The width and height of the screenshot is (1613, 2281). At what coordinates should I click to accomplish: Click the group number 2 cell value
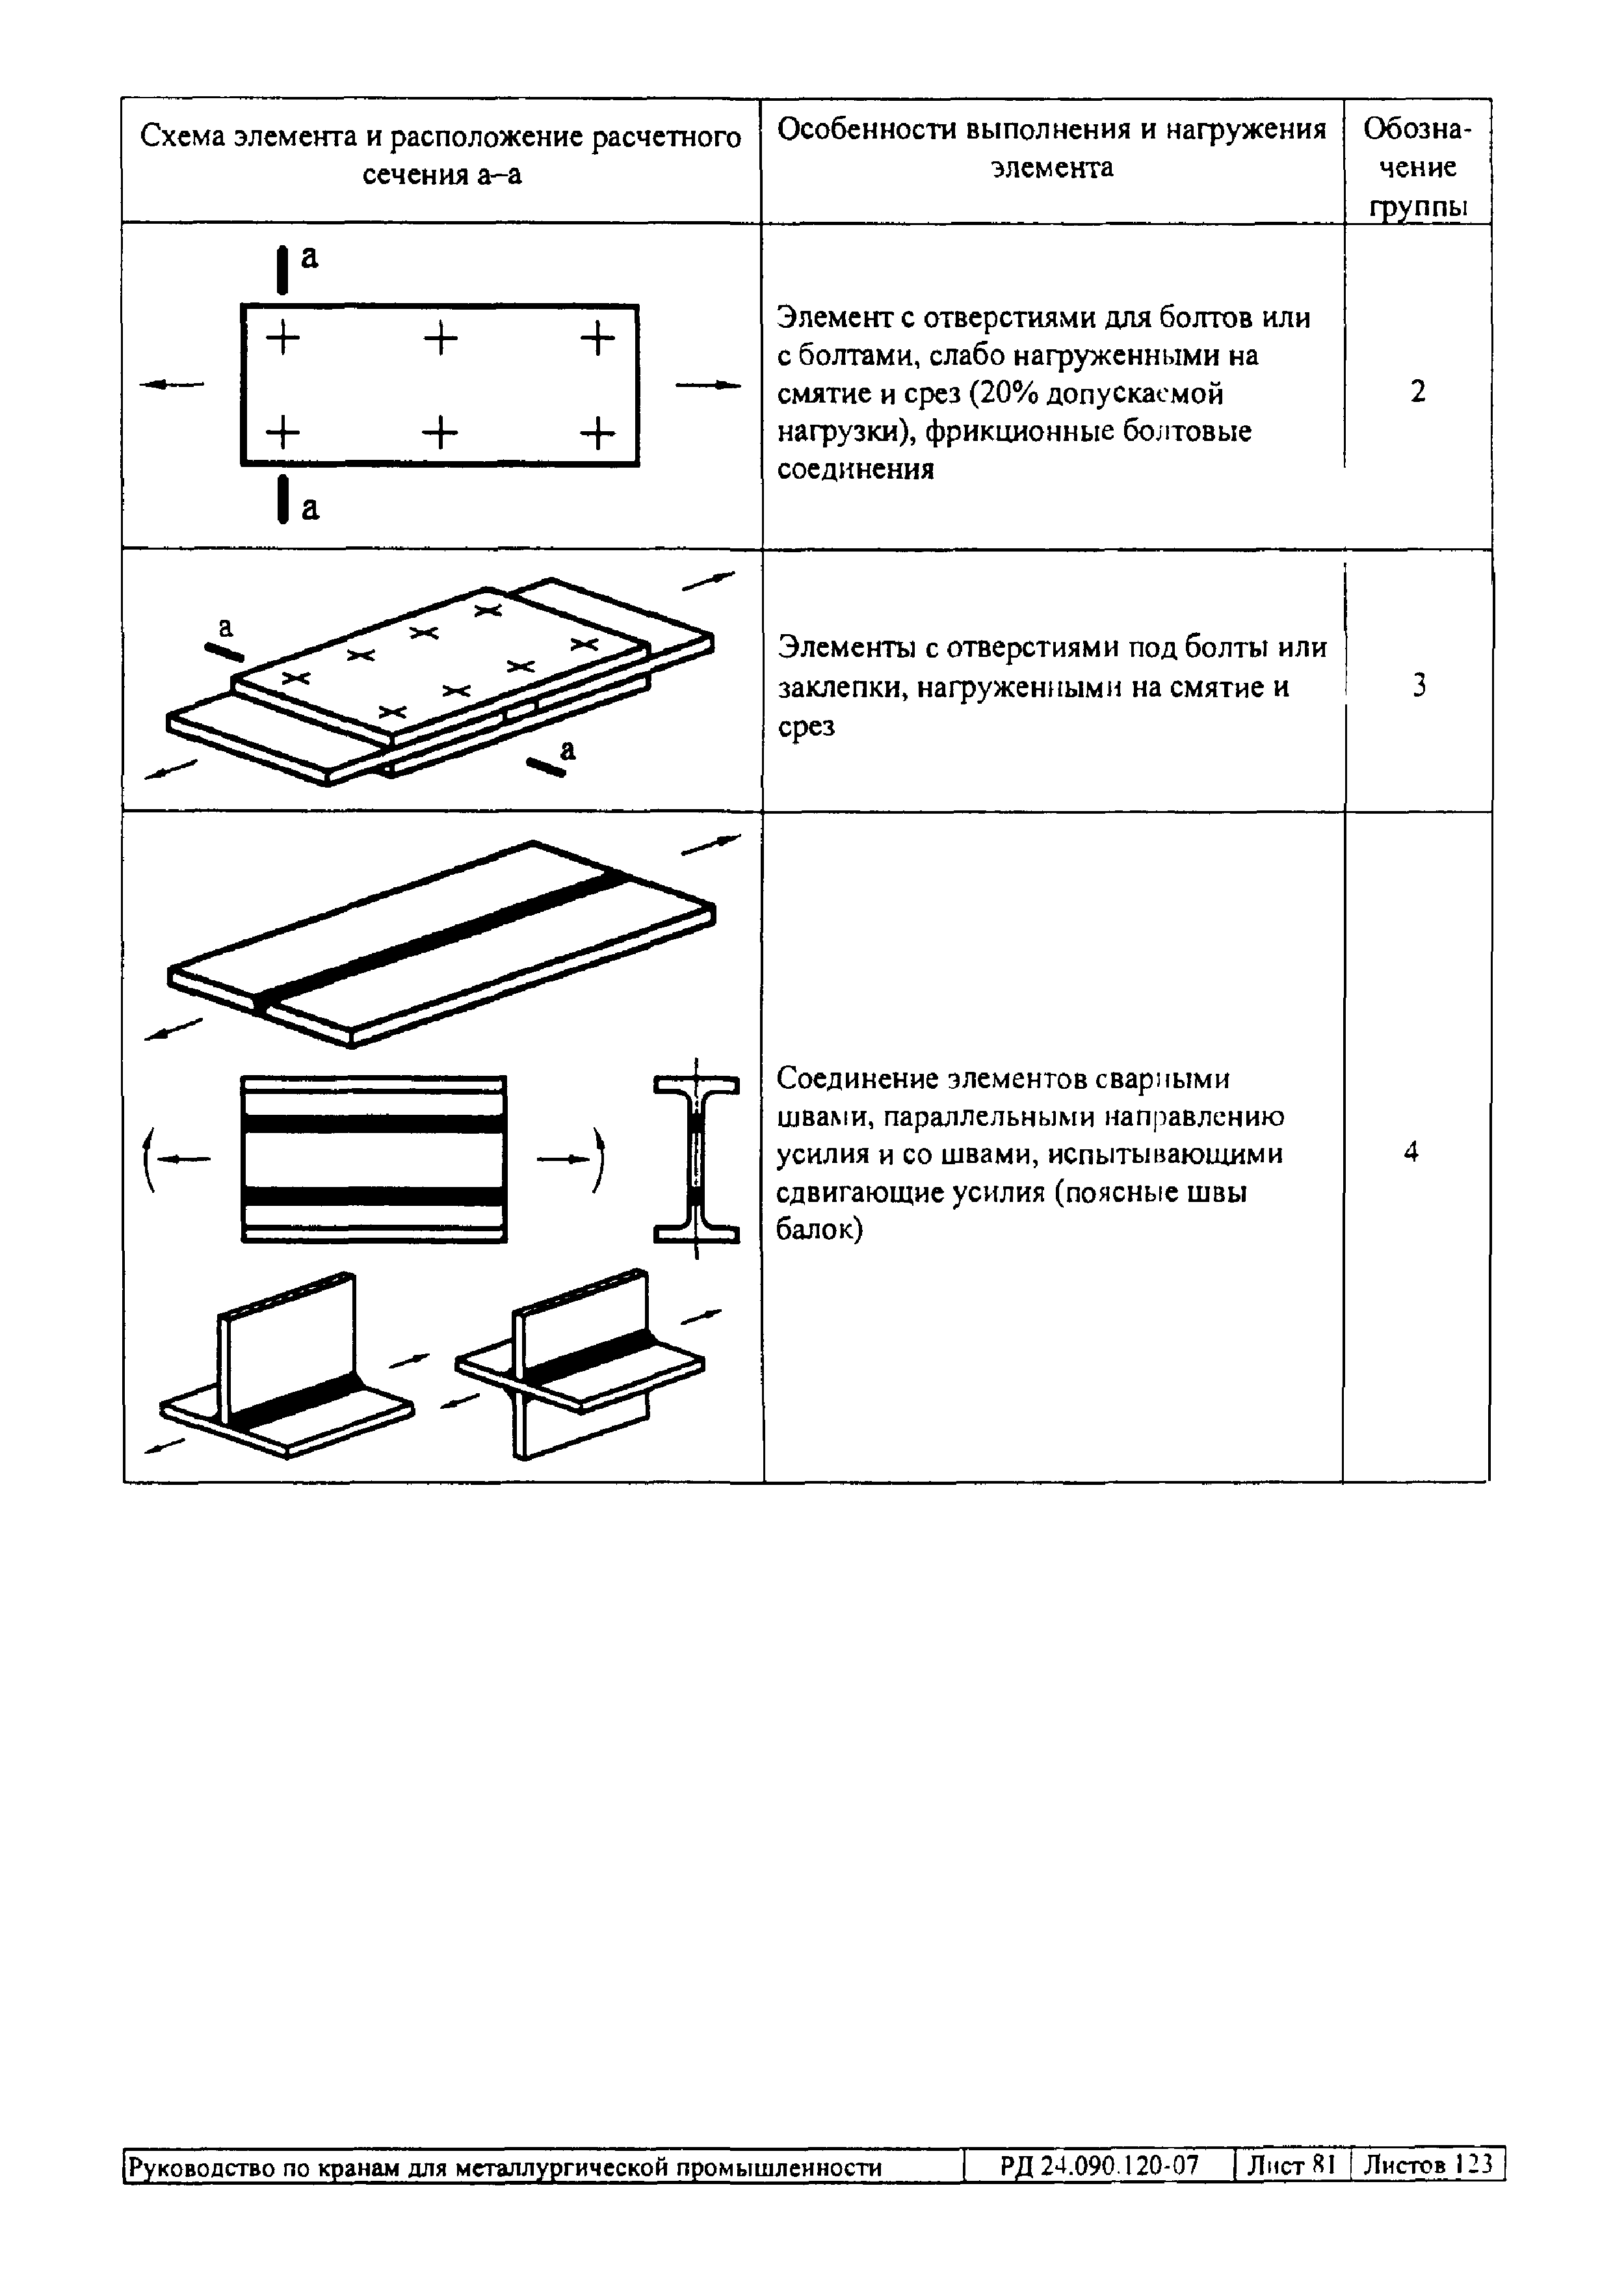(x=1417, y=392)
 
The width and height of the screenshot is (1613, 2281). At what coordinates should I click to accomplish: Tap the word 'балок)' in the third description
(x=820, y=1230)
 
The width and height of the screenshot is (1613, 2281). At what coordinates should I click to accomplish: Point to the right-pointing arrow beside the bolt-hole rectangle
(x=707, y=384)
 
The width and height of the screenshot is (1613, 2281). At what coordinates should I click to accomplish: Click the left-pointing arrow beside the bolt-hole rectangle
(x=172, y=384)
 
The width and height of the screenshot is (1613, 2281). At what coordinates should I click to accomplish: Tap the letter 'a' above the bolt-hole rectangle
(x=310, y=258)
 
